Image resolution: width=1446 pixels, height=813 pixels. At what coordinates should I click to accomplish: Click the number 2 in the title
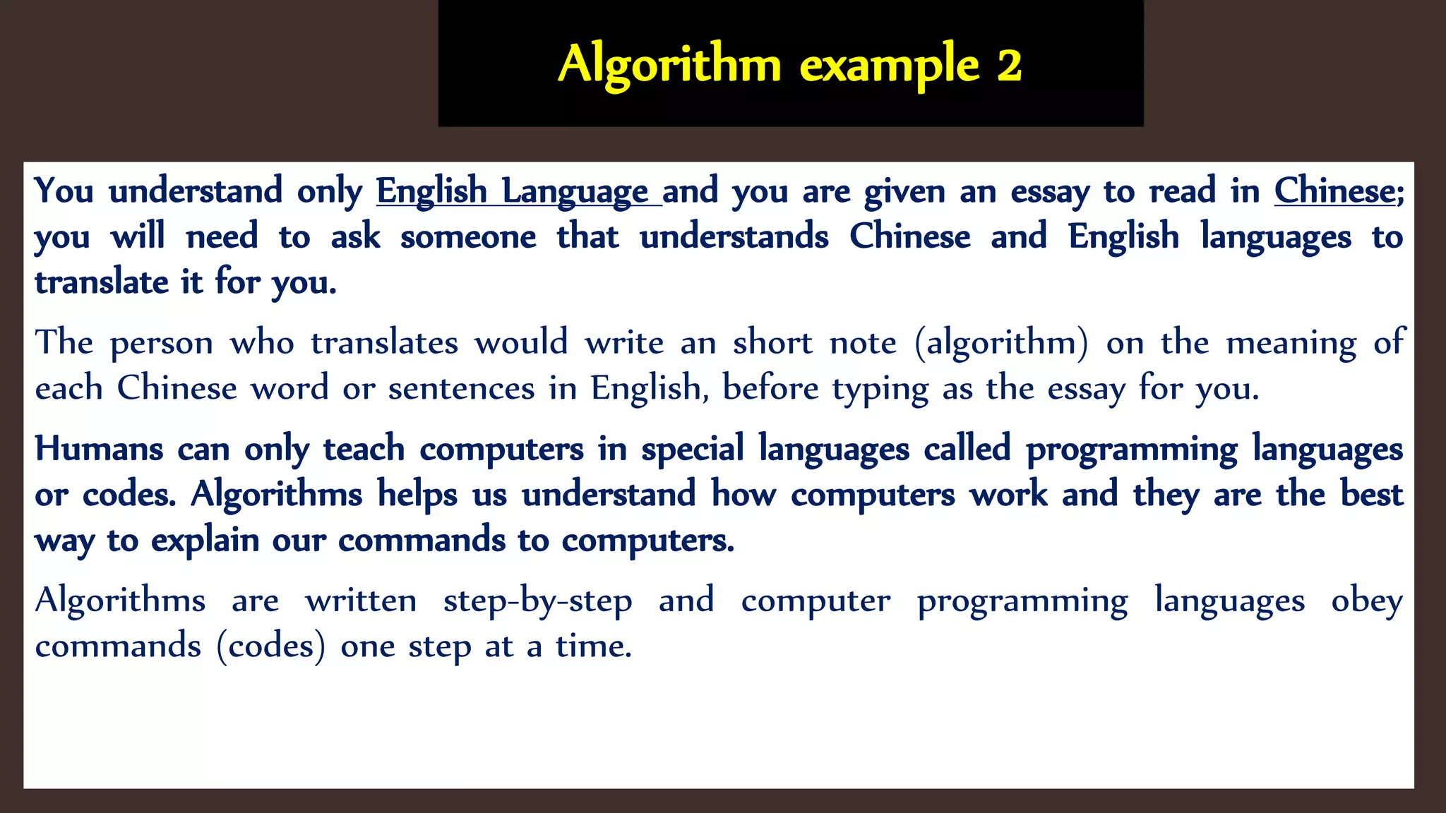[1009, 65]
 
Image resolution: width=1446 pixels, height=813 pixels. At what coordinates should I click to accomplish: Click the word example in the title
[890, 65]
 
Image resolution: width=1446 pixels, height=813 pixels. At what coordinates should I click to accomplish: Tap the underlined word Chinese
[1334, 191]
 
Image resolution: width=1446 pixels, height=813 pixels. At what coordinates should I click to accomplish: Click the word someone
[468, 236]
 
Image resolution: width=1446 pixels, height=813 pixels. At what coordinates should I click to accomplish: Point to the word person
[162, 343]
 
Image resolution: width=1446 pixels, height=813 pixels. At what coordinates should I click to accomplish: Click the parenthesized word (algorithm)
[1001, 343]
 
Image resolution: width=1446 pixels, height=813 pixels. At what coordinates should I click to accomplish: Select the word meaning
[1291, 343]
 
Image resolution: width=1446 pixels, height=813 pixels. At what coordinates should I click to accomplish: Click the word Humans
[99, 449]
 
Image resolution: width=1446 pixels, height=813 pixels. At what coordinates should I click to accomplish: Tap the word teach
[364, 449]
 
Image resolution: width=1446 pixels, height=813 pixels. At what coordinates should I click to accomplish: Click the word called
[967, 449]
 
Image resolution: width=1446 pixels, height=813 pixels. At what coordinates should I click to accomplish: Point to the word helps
[417, 495]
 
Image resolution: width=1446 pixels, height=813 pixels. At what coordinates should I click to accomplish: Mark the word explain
[205, 541]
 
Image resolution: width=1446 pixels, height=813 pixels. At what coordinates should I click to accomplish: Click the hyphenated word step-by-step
[537, 601]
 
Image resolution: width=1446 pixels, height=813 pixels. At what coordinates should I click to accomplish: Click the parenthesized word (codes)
[272, 646]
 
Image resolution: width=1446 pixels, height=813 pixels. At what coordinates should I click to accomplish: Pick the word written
[361, 601]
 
